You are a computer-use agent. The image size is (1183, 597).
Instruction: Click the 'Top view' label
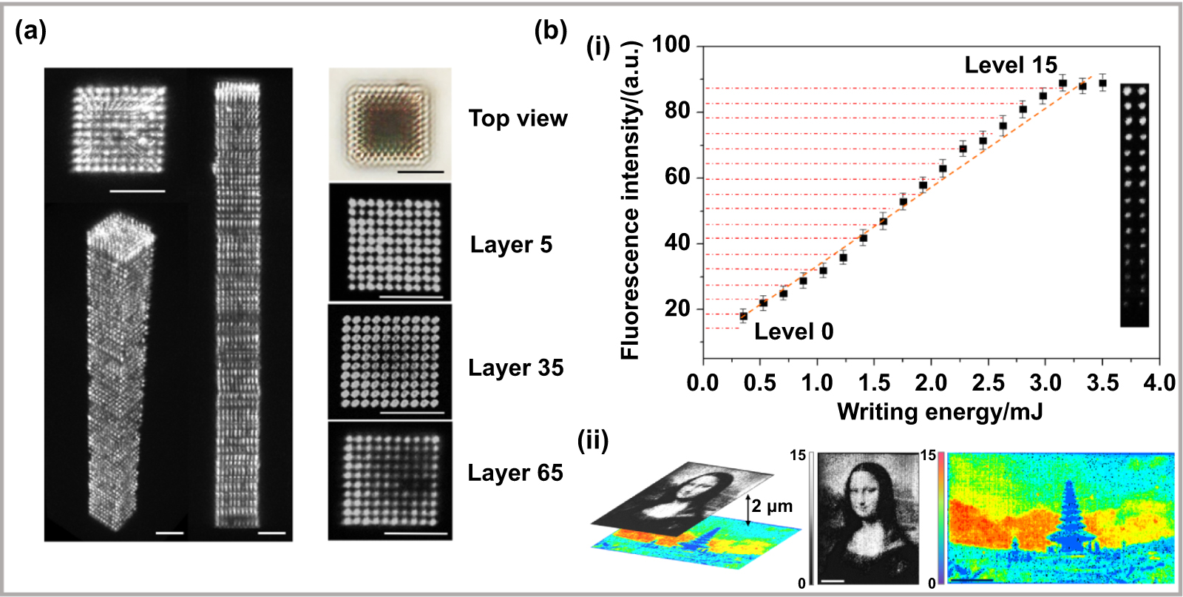(x=518, y=118)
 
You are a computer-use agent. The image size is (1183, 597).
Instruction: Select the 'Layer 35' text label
(x=515, y=368)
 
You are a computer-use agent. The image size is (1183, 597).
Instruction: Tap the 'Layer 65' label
(x=515, y=473)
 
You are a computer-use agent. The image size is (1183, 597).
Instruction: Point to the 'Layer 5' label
(x=511, y=245)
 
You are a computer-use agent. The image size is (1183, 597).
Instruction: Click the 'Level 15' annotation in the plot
(x=1010, y=65)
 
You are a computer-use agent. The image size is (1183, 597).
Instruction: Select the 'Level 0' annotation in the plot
(x=793, y=331)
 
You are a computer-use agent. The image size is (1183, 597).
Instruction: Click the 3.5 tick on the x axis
(x=1102, y=382)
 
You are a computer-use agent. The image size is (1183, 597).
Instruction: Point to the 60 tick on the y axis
(x=677, y=178)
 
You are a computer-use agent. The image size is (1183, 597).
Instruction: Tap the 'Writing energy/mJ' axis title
(x=939, y=411)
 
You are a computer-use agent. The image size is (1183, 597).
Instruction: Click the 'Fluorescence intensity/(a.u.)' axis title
(x=630, y=200)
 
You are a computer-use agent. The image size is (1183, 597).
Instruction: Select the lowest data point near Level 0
(x=743, y=316)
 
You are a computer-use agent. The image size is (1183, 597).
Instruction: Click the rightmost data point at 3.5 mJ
(x=1102, y=83)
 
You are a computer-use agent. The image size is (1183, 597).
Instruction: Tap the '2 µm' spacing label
(x=772, y=507)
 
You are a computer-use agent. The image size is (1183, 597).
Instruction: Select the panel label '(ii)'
(x=593, y=441)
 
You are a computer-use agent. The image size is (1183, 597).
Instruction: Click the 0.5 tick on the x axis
(x=759, y=382)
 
